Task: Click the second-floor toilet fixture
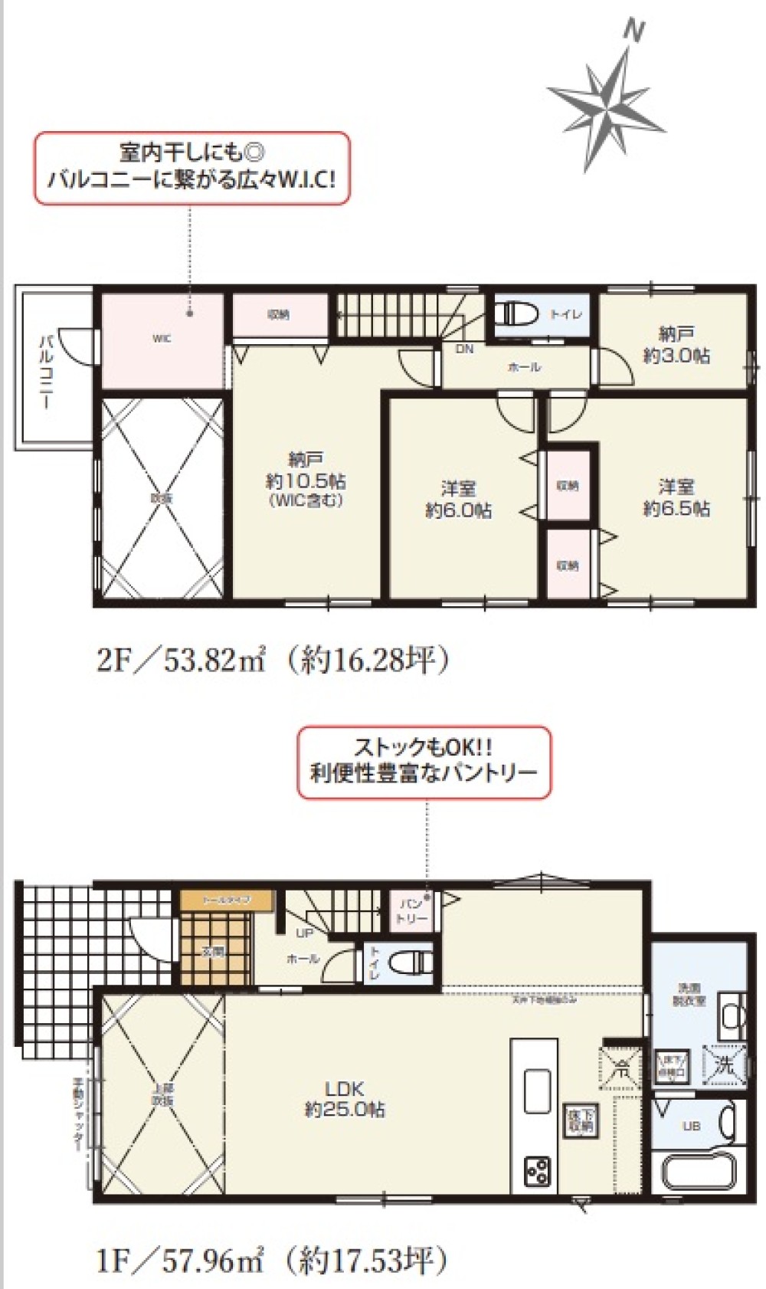click(x=512, y=314)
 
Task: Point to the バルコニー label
click(x=46, y=372)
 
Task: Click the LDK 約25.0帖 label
click(x=345, y=1098)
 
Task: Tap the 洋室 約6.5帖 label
click(x=676, y=497)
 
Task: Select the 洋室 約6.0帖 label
click(x=458, y=500)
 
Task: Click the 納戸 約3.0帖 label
click(x=676, y=345)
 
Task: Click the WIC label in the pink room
click(x=162, y=339)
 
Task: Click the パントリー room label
click(x=411, y=910)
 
